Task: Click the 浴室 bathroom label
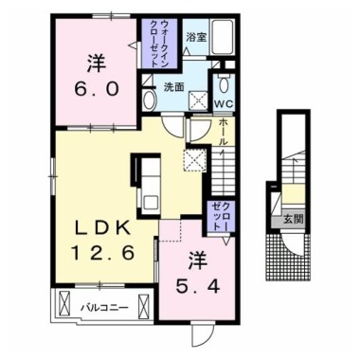pyautogui.click(x=196, y=38)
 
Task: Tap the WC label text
pyautogui.click(x=224, y=103)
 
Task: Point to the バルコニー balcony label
pyautogui.click(x=104, y=307)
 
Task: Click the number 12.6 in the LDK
pyautogui.click(x=103, y=253)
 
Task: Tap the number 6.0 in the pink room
pyautogui.click(x=97, y=88)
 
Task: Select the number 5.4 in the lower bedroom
pyautogui.click(x=198, y=286)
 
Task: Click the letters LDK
pyautogui.click(x=102, y=228)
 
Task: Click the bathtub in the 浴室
pyautogui.click(x=223, y=38)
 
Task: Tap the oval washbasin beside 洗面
pyautogui.click(x=148, y=100)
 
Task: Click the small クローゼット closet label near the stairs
pyautogui.click(x=221, y=217)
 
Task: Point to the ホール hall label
pyautogui.click(x=223, y=132)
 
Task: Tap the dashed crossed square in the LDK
pyautogui.click(x=195, y=160)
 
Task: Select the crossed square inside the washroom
pyautogui.click(x=198, y=100)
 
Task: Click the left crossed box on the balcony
pyautogui.click(x=65, y=302)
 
